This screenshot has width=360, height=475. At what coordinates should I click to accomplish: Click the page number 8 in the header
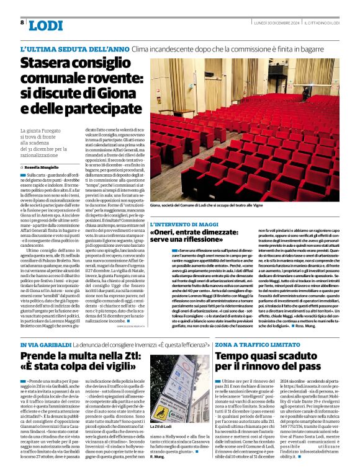click(22, 22)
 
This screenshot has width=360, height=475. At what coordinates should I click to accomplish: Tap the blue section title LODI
click(45, 25)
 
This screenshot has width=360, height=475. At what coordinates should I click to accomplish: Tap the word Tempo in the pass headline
click(235, 357)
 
